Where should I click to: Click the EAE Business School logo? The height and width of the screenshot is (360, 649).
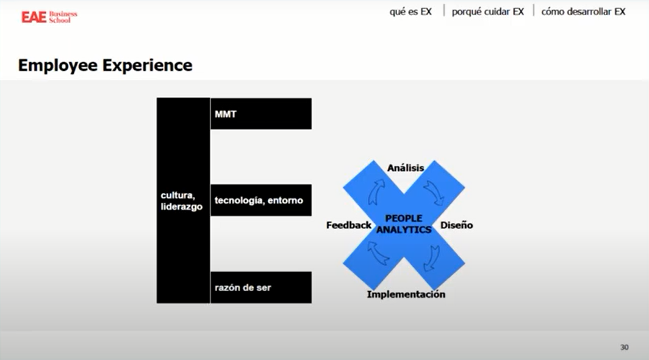coord(49,16)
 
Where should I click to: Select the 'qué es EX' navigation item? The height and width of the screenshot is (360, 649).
coord(410,12)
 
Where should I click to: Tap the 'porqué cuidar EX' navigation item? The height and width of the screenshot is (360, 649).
coord(487,12)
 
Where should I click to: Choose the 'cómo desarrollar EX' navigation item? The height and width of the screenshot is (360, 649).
coord(583,12)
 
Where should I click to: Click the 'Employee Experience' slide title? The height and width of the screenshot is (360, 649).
coord(105,65)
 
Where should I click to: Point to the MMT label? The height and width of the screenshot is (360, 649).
coord(225,114)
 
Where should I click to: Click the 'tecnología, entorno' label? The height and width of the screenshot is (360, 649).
coord(259,200)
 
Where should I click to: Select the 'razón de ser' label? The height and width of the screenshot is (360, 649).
coord(243,287)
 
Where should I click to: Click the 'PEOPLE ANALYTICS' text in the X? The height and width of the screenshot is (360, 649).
coord(404,224)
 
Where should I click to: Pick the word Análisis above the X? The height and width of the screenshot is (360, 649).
coord(406,168)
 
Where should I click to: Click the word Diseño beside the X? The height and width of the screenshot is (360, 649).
coord(456,225)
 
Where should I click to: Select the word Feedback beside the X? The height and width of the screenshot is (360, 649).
coord(349,225)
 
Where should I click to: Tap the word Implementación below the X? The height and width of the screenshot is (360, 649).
coord(406,294)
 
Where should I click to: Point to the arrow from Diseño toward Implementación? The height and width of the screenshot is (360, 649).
coord(432,256)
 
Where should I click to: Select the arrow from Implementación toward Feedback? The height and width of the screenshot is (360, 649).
coord(378,253)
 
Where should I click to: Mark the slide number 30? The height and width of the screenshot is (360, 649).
coord(624,347)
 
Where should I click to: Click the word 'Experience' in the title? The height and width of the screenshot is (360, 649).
coord(147,65)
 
